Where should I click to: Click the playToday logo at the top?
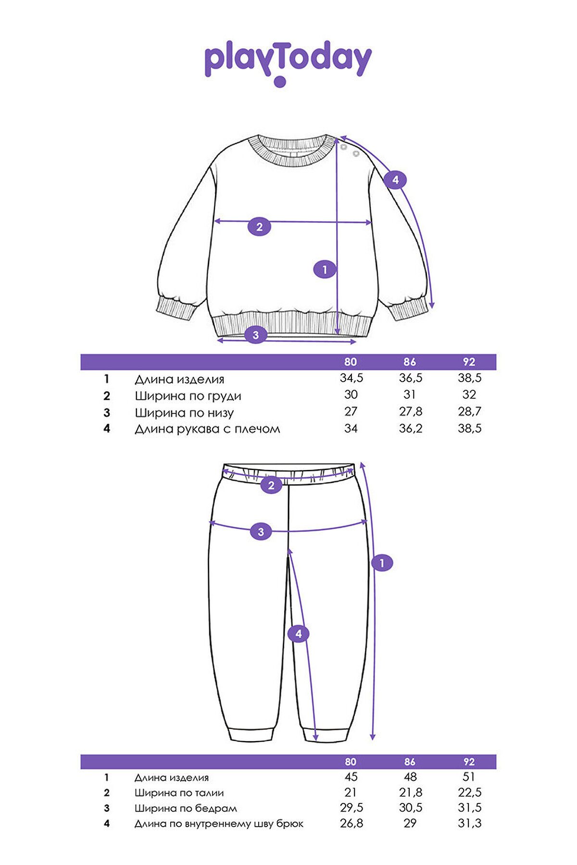coord(288,63)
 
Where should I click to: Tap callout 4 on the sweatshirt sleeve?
coord(395,180)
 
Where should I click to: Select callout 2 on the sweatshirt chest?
coord(260,227)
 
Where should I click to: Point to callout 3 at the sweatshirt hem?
coord(256,334)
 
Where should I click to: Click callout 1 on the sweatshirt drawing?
coord(325,270)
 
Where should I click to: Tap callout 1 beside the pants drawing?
coord(382,563)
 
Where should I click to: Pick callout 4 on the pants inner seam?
coord(299,634)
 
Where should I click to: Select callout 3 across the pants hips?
coord(261,531)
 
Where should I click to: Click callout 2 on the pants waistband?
coord(271,485)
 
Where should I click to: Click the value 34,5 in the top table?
coord(351,378)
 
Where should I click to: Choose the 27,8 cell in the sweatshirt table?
coord(410,412)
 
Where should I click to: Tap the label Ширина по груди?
coord(188,396)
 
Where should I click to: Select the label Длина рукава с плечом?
coord(207,429)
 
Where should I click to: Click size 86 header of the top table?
coord(410,362)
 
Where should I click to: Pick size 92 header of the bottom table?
coord(469,762)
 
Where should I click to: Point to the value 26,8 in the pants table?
coord(351,823)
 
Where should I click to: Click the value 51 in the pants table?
coord(469,777)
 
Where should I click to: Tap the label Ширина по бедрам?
coord(186,809)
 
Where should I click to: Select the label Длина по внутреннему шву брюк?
coord(219,824)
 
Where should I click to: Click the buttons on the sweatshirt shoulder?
coord(350,150)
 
